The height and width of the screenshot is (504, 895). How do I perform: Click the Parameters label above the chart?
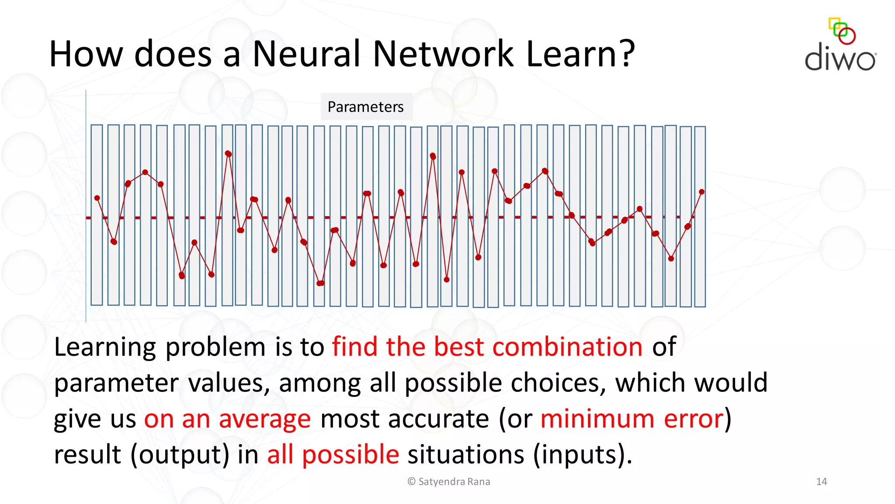click(365, 107)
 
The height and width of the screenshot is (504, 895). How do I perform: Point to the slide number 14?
click(821, 482)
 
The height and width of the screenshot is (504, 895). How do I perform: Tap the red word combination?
click(567, 347)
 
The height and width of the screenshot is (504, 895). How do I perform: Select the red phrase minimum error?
click(632, 419)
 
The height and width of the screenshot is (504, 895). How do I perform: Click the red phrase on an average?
click(227, 419)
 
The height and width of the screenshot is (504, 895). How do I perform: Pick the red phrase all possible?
click(333, 455)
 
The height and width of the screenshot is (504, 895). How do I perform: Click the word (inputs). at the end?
click(583, 455)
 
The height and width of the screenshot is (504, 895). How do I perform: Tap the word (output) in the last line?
click(180, 455)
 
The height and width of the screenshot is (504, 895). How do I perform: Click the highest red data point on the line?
click(228, 154)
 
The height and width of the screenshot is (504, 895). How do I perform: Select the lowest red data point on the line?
click(320, 283)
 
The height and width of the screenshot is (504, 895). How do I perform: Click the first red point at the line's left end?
click(97, 198)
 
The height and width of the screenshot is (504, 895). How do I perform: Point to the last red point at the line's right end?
click(701, 192)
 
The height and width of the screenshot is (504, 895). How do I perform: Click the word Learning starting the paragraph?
click(104, 347)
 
